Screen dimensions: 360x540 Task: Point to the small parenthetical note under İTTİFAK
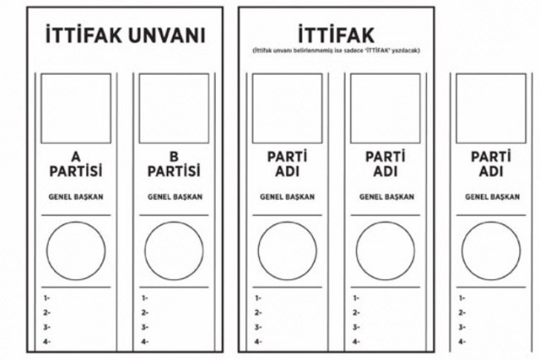(x=339, y=52)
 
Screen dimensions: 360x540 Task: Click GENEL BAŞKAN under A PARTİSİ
(x=76, y=198)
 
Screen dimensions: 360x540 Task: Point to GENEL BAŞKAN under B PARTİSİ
(x=174, y=198)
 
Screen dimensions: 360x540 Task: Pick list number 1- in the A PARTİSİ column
(x=47, y=298)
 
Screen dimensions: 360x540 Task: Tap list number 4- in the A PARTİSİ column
(x=47, y=341)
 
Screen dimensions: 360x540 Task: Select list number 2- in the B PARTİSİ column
(x=145, y=313)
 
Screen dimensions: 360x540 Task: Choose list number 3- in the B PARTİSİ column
(x=145, y=327)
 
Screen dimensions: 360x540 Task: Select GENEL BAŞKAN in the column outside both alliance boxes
(x=492, y=198)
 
